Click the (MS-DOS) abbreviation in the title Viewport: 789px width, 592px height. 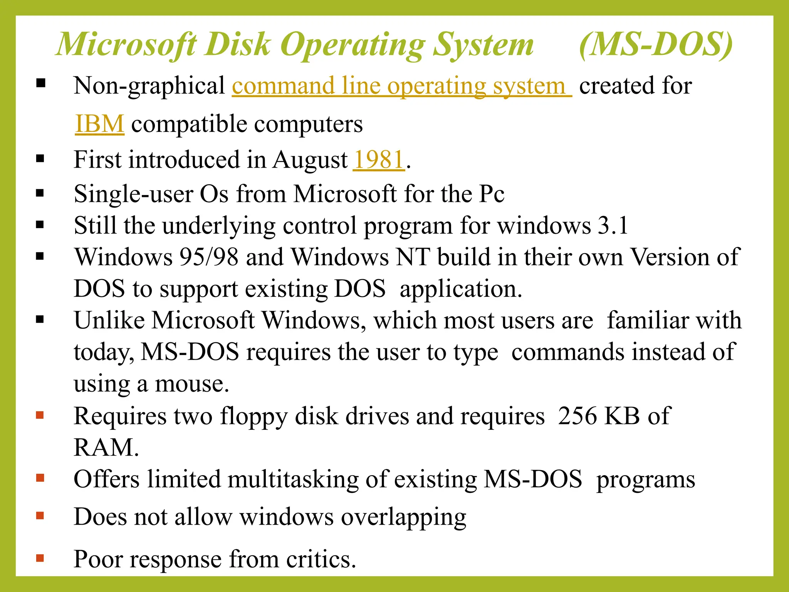(655, 45)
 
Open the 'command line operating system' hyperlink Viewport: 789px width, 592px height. (401, 86)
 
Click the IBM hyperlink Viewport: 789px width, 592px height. (100, 124)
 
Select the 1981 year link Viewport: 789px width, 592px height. (379, 160)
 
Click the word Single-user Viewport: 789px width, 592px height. (133, 194)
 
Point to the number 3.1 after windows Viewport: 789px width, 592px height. (613, 226)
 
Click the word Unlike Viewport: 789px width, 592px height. (109, 321)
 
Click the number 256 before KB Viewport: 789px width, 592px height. (577, 416)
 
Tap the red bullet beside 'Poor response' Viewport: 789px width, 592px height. (40, 558)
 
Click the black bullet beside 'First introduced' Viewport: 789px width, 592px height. (40, 159)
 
